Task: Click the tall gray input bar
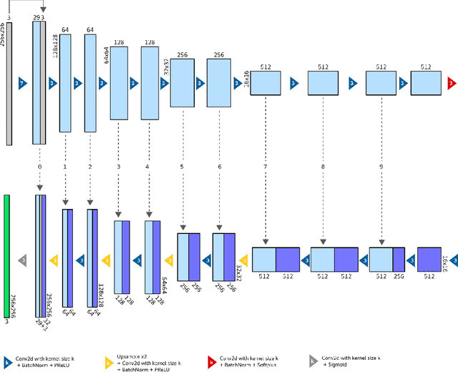point(9,83)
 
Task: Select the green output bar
point(7,255)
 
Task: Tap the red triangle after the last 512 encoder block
point(451,83)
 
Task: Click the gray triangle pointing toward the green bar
point(22,260)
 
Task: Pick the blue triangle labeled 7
point(22,83)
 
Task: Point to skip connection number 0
point(39,167)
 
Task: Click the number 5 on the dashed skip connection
point(182,167)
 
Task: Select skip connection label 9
point(381,167)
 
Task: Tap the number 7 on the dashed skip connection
point(265,167)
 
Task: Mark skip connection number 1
point(65,167)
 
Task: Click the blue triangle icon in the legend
point(7,363)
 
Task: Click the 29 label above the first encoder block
point(36,16)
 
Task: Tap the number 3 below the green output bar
point(7,323)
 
